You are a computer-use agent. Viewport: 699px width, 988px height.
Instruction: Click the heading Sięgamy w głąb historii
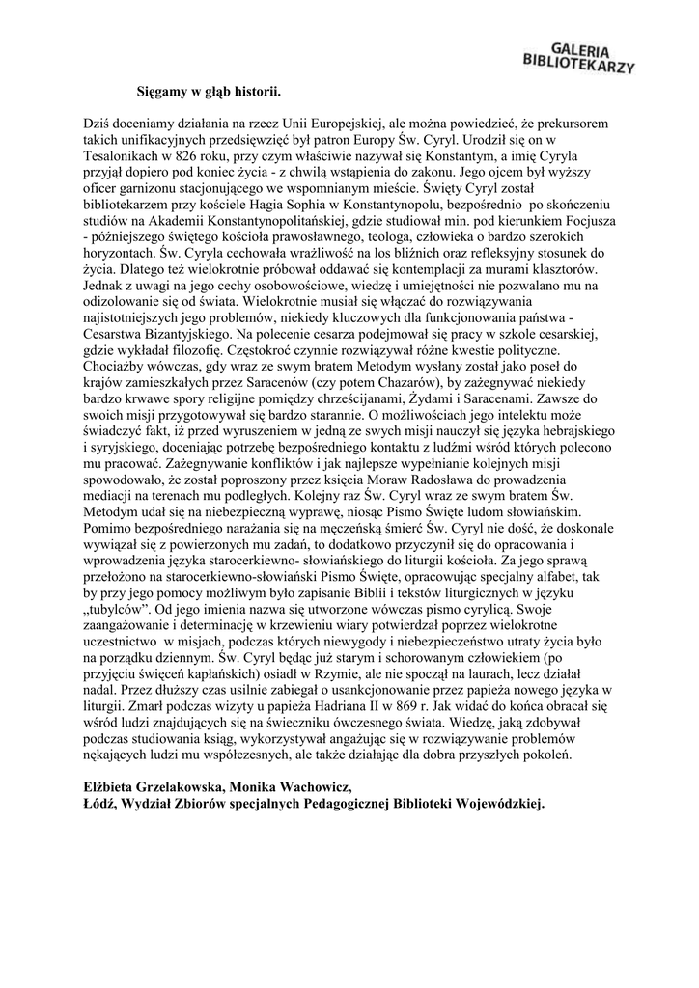(x=207, y=93)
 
